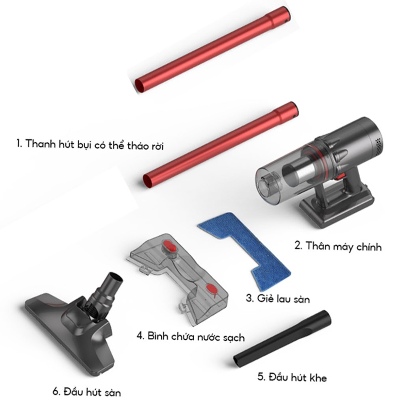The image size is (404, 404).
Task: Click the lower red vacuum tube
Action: (x=221, y=145)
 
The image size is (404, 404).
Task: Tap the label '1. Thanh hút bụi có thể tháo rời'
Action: (x=90, y=145)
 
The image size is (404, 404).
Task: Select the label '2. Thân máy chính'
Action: (x=338, y=246)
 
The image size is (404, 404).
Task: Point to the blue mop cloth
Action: (x=245, y=248)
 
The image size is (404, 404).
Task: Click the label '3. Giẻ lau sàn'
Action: (x=278, y=299)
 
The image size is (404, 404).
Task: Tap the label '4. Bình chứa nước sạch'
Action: (x=191, y=337)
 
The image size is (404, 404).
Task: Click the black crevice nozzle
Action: (x=282, y=339)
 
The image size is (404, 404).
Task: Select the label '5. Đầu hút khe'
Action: (x=292, y=377)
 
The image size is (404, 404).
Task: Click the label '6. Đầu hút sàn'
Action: (x=87, y=392)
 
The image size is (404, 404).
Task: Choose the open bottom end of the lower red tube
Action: (x=149, y=182)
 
